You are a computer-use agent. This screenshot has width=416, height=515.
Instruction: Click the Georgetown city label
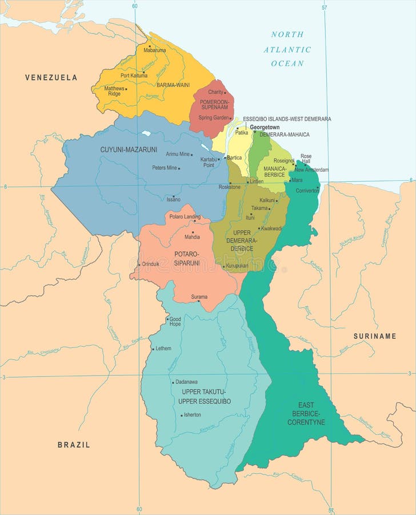pyautogui.click(x=265, y=127)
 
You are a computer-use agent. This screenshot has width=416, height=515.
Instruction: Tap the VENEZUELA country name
pyautogui.click(x=51, y=77)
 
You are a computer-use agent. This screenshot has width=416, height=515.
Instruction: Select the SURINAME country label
pyautogui.click(x=374, y=336)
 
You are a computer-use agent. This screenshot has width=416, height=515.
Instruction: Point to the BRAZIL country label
pyautogui.click(x=74, y=445)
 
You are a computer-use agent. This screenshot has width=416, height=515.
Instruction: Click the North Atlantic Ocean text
pyautogui.click(x=287, y=49)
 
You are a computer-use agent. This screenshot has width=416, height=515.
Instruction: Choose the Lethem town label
pyautogui.click(x=163, y=348)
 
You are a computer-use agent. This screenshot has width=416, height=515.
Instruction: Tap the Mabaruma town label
pyautogui.click(x=155, y=50)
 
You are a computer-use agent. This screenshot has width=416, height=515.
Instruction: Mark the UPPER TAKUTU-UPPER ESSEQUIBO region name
pyautogui.click(x=204, y=396)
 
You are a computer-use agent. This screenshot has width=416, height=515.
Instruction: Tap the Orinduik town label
pyautogui.click(x=151, y=264)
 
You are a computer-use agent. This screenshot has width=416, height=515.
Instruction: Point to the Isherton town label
pyautogui.click(x=192, y=414)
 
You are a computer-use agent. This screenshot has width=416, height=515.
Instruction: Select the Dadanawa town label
pyautogui.click(x=186, y=382)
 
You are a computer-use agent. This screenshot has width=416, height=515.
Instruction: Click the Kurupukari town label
pyautogui.click(x=237, y=266)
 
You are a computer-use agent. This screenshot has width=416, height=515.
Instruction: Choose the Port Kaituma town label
pyautogui.click(x=134, y=75)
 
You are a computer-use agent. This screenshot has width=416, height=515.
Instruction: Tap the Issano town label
pyautogui.click(x=173, y=199)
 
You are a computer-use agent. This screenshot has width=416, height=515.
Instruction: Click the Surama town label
pyautogui.click(x=199, y=296)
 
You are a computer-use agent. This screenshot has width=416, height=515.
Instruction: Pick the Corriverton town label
pyautogui.click(x=307, y=190)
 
